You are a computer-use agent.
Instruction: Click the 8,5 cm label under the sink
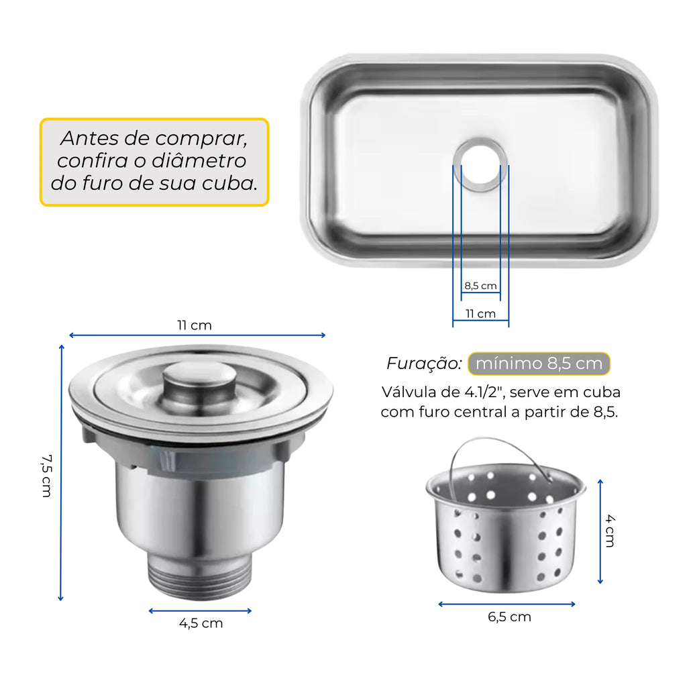480,286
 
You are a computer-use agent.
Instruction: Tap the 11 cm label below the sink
480,314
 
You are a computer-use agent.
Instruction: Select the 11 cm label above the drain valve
195,325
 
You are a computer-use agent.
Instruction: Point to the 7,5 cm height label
47,476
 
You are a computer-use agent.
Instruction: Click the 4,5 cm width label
201,623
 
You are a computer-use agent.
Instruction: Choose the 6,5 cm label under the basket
510,617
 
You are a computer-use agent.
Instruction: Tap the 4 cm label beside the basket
611,531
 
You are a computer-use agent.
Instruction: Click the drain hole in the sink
480,165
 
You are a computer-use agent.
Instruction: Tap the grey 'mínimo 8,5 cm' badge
539,364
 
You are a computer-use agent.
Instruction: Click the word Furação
424,364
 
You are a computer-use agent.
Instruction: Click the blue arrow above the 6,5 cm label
507,604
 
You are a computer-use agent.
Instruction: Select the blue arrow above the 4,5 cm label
200,611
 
